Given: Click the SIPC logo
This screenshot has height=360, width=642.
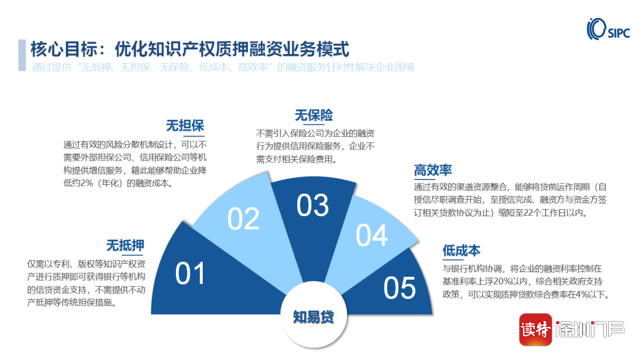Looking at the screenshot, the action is pyautogui.click(x=608, y=29).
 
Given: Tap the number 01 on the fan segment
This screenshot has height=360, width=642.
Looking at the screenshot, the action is pyautogui.click(x=190, y=274).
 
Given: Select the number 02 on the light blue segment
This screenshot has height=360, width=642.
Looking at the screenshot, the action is pyautogui.click(x=243, y=219).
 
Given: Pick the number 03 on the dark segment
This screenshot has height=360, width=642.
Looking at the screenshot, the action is pyautogui.click(x=313, y=205).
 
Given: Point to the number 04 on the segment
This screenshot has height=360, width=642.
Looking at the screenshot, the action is pyautogui.click(x=372, y=235).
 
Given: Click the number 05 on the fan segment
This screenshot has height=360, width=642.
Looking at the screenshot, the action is pyautogui.click(x=399, y=288).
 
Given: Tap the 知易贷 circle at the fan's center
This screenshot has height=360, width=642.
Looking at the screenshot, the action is pyautogui.click(x=314, y=316).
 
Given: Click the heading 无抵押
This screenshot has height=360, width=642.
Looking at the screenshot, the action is pyautogui.click(x=125, y=245).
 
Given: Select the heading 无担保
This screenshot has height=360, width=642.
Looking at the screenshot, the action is pyautogui.click(x=185, y=125).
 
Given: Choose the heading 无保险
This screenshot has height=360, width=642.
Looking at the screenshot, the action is pyautogui.click(x=314, y=115).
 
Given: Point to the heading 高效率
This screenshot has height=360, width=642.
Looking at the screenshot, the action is pyautogui.click(x=433, y=170).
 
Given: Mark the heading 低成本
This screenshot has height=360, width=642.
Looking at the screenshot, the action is pyautogui.click(x=461, y=250).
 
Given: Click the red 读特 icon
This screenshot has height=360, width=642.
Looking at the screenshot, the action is pyautogui.click(x=536, y=330).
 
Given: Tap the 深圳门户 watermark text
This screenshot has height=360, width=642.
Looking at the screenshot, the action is pyautogui.click(x=590, y=329).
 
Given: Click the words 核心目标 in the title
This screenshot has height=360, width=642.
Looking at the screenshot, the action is pyautogui.click(x=64, y=49).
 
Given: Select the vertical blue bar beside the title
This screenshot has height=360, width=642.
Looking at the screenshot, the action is pyautogui.click(x=22, y=55).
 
